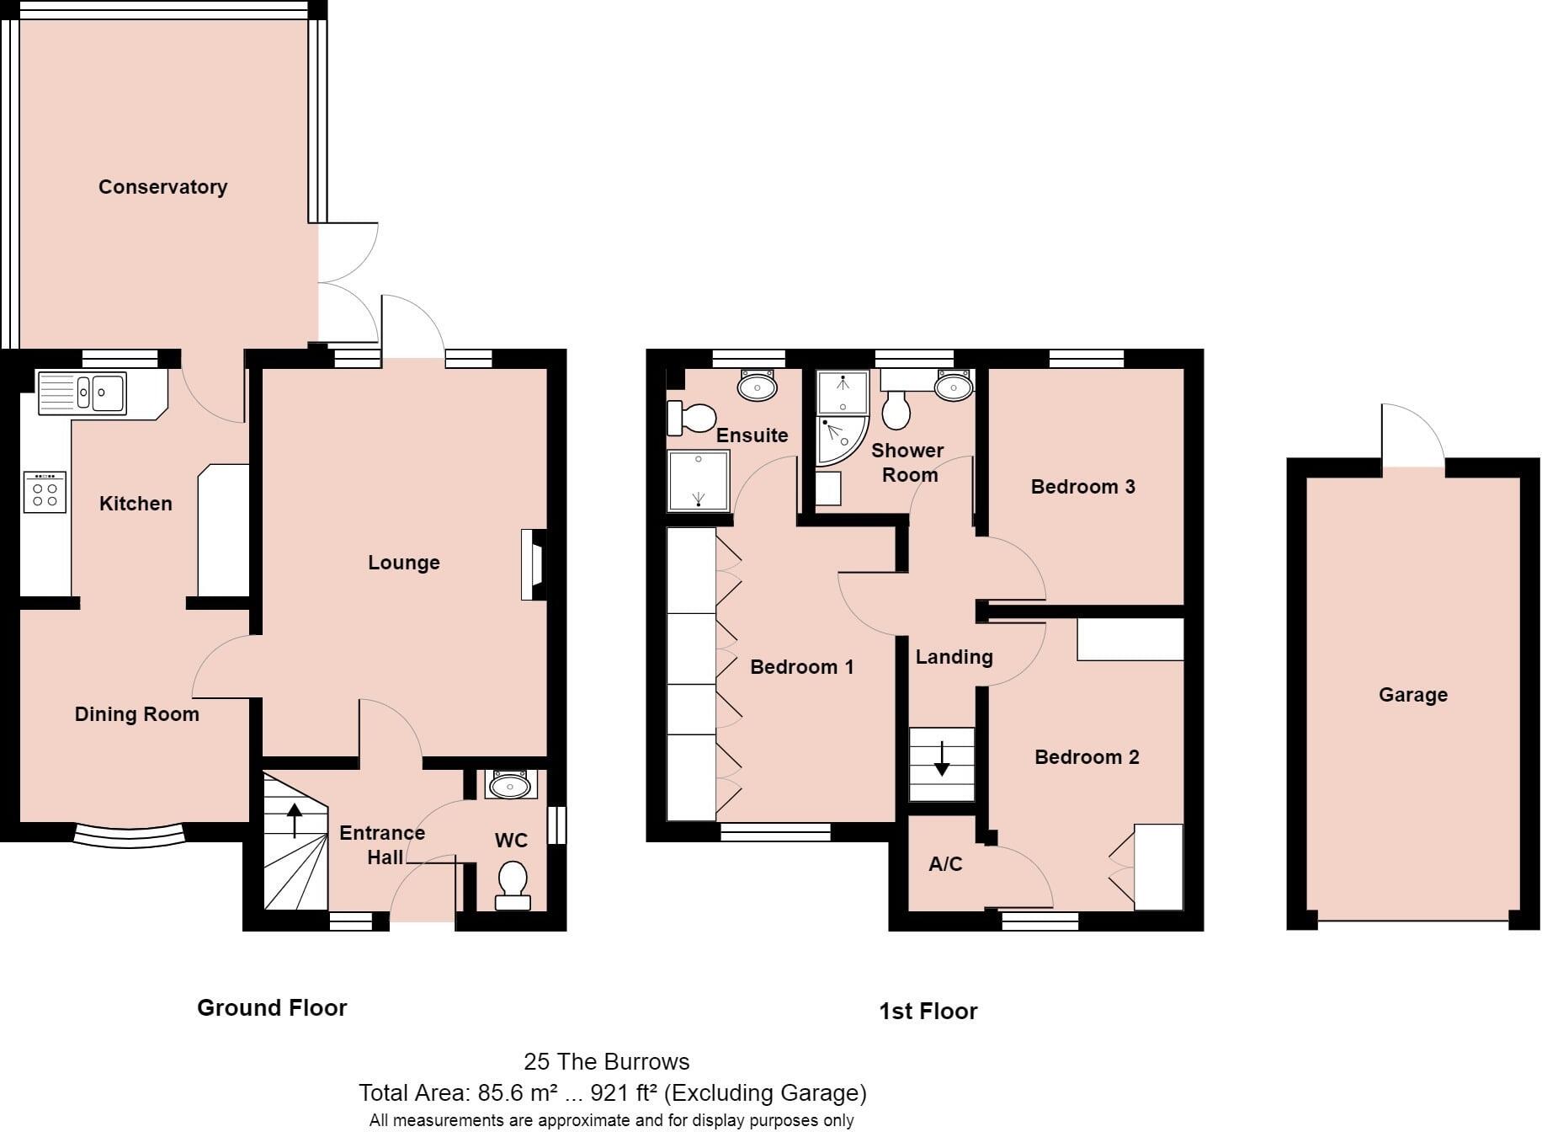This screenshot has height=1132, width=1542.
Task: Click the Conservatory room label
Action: click(x=162, y=187)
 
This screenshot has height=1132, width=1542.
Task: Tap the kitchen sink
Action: click(x=82, y=393)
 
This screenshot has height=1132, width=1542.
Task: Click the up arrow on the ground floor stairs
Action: click(x=295, y=821)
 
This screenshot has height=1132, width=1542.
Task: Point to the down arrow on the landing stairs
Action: click(x=942, y=758)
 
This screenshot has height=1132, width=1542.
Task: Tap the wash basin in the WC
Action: click(x=509, y=785)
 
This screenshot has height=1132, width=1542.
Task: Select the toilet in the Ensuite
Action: click(x=691, y=417)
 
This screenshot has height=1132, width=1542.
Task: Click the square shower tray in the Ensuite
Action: click(x=699, y=481)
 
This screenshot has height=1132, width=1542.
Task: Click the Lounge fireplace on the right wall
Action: click(x=534, y=564)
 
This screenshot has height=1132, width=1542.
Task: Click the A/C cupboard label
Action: click(x=945, y=864)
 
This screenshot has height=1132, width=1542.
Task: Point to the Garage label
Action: click(x=1413, y=695)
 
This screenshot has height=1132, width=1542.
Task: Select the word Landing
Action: click(x=954, y=657)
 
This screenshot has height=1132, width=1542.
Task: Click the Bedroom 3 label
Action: click(x=1082, y=487)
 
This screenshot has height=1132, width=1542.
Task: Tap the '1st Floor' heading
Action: click(x=928, y=1012)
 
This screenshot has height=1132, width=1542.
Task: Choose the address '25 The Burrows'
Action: click(x=606, y=1061)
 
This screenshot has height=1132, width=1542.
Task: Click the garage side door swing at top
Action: click(x=1413, y=435)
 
